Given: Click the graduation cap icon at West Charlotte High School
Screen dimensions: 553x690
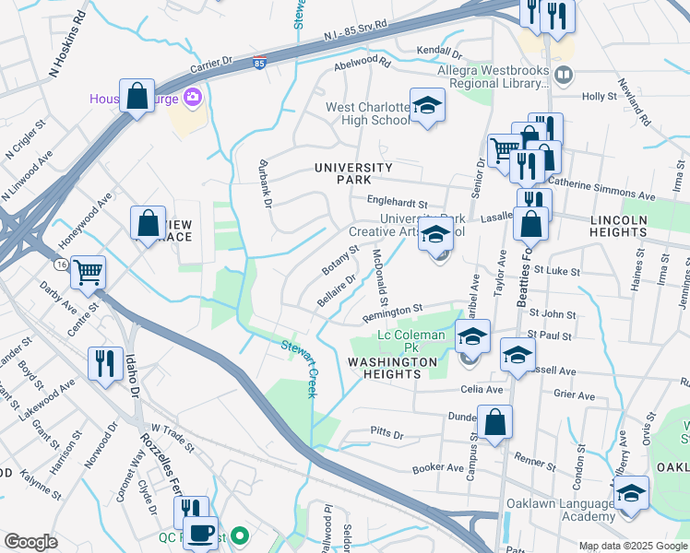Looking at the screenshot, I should (427, 106).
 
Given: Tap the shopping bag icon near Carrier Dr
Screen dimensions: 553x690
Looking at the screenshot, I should (137, 97).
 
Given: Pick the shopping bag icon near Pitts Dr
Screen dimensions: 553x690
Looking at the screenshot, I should (494, 422).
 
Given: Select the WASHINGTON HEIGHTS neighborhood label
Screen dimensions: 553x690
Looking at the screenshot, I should (392, 370).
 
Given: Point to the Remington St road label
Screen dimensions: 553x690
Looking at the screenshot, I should (392, 313).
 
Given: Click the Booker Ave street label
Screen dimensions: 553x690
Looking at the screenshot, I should (437, 468).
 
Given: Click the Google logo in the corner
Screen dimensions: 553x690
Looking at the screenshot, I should (31, 542).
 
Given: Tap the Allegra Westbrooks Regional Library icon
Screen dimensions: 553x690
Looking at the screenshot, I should (564, 72).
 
